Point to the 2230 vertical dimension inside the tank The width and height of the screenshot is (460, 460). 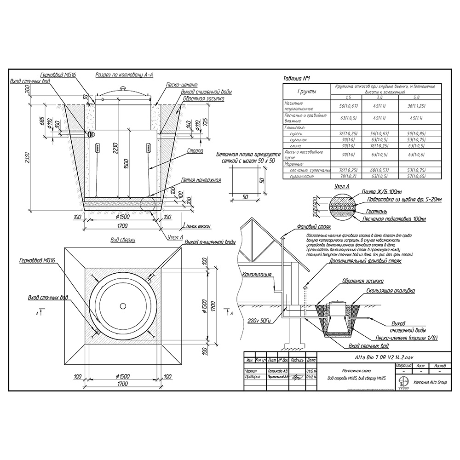click(114, 147)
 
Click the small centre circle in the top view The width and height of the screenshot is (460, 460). click(123, 306)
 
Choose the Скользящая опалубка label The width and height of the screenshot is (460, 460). click(391, 291)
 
